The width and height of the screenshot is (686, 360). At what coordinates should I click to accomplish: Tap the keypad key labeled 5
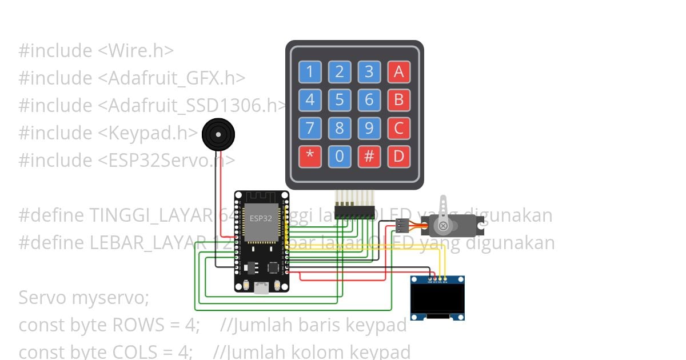pyautogui.click(x=340, y=100)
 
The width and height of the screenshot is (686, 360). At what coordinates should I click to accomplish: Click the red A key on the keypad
pyautogui.click(x=399, y=72)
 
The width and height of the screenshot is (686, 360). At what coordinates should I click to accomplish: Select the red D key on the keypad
pyautogui.click(x=399, y=156)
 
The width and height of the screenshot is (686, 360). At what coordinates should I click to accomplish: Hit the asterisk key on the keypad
pyautogui.click(x=310, y=156)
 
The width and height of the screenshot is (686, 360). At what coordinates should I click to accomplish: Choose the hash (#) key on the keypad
pyautogui.click(x=369, y=156)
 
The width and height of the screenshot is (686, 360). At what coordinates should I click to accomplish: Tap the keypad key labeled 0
pyautogui.click(x=340, y=156)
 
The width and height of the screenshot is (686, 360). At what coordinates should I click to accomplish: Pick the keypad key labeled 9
pyautogui.click(x=369, y=128)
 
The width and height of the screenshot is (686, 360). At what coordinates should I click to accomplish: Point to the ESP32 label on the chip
pyautogui.click(x=261, y=218)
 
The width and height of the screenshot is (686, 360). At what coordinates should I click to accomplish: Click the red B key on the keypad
pyautogui.click(x=399, y=100)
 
